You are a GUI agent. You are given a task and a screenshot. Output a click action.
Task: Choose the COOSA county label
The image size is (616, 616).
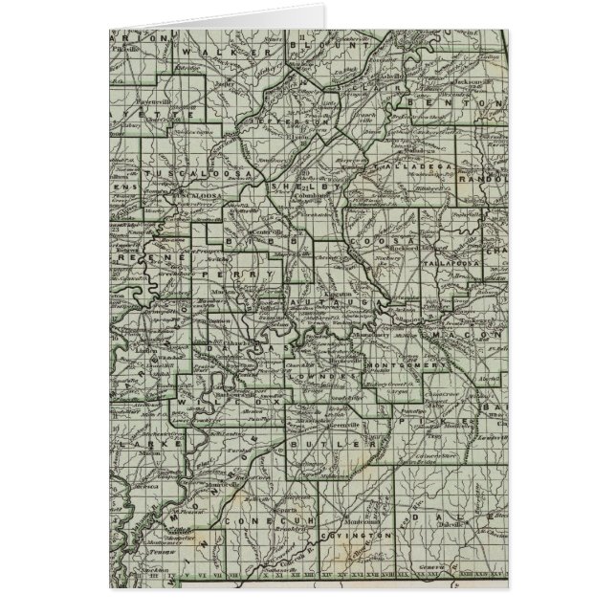[x=371, y=242]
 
